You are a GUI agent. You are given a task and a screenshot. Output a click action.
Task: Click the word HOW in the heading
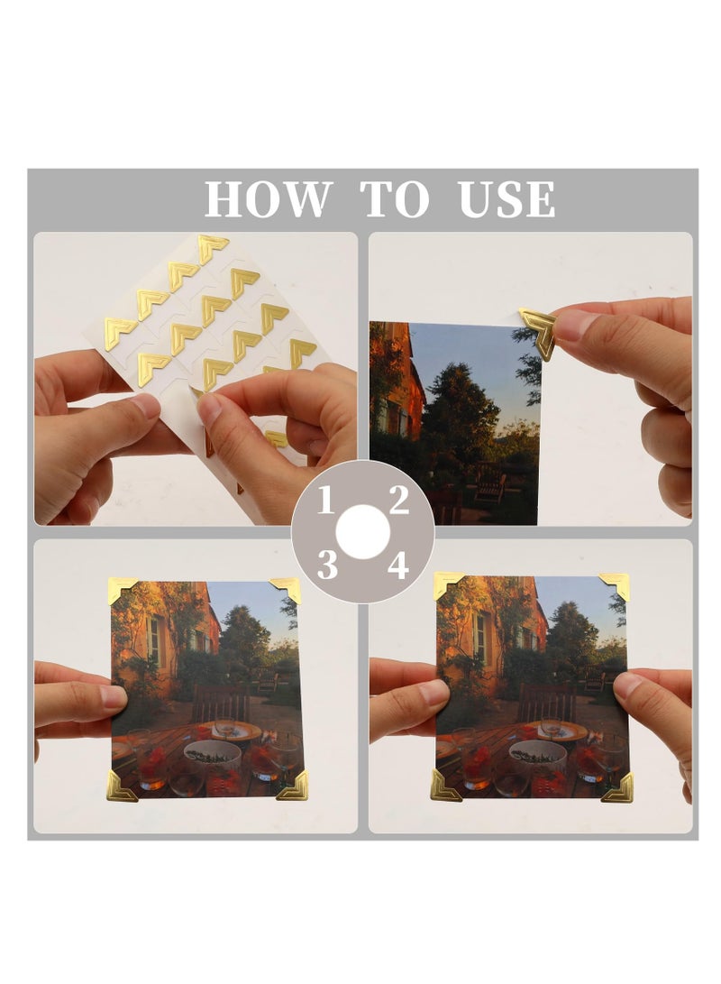click(x=265, y=199)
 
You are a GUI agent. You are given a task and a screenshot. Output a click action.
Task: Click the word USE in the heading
click(x=507, y=199)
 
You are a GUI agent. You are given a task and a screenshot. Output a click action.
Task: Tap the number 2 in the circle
click(x=399, y=499)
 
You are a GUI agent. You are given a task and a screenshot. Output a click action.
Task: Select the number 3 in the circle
click(x=326, y=566)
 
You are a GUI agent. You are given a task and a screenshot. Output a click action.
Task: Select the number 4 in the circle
click(x=398, y=566)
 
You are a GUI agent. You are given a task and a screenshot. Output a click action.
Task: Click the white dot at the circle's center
click(x=362, y=532)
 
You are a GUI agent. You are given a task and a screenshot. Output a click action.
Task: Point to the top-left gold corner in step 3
click(x=122, y=591)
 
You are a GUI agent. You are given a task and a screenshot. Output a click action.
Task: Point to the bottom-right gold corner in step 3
click(x=293, y=786)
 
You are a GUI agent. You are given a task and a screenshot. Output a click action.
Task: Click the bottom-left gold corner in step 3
click(x=121, y=786)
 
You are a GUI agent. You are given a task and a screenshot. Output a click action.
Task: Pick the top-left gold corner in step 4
click(x=447, y=585)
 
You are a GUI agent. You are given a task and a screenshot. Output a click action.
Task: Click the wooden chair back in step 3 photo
click(x=221, y=701)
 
